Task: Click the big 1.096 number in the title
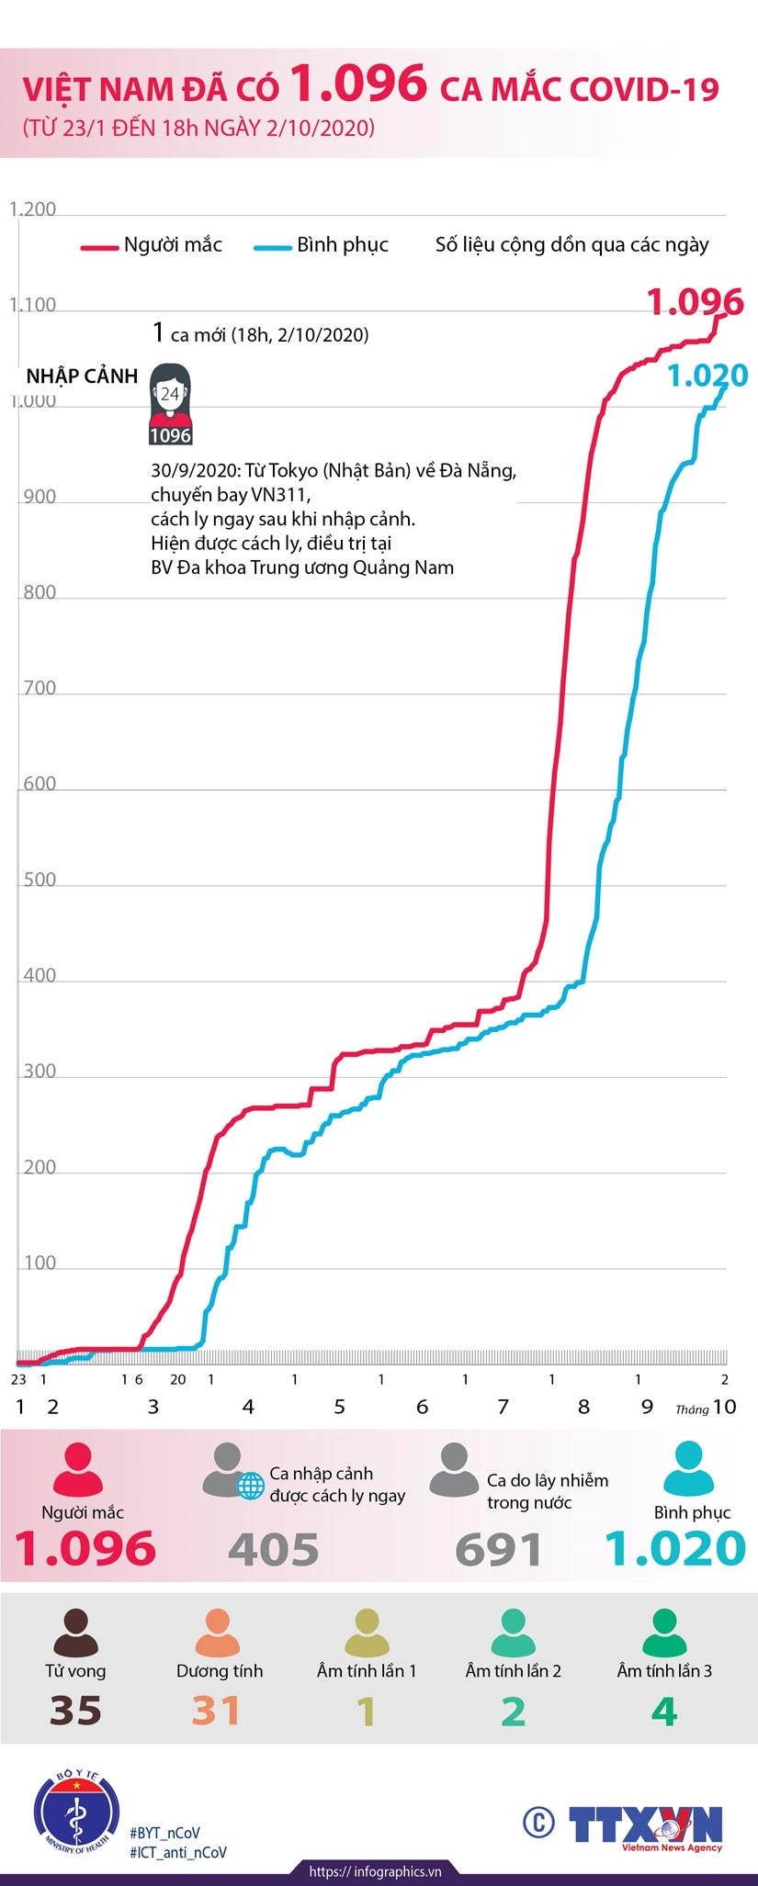pos(359,84)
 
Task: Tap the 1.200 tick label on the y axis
pos(33,209)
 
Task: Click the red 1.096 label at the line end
pos(695,301)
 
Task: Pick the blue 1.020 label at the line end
pos(707,376)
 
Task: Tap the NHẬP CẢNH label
pos(82,376)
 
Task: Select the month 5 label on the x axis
pos(339,1407)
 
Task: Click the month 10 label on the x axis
pos(724,1407)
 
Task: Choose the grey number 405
pos(273,1550)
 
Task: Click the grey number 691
pos(498,1550)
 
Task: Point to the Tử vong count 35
pos(75,1711)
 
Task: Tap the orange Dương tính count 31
pos(217,1711)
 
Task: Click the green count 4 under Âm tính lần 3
pos(663,1711)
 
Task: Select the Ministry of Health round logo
pos(76,1814)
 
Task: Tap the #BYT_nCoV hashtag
pos(165,1832)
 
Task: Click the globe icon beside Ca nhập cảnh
pos(250,1486)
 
